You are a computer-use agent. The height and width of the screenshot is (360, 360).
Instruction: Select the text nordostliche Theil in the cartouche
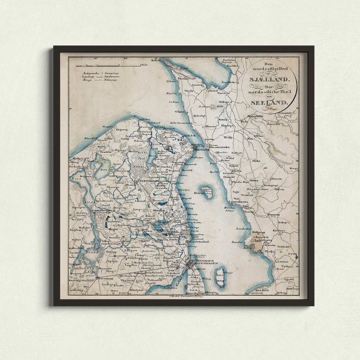[x=270, y=90]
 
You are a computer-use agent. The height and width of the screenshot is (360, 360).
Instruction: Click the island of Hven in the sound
[x=203, y=192]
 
